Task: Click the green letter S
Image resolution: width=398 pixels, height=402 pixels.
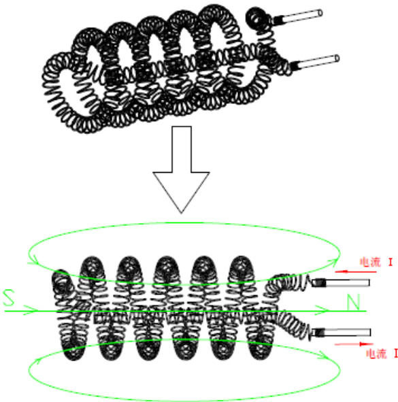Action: (x=9, y=298)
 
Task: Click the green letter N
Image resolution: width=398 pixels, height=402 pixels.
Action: (x=353, y=302)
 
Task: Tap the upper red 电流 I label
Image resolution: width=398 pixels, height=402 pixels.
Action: (x=376, y=263)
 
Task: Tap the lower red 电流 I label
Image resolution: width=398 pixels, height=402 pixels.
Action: (x=382, y=354)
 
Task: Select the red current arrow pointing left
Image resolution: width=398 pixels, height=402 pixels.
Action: (x=356, y=271)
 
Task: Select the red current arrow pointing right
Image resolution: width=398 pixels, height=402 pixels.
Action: (x=354, y=344)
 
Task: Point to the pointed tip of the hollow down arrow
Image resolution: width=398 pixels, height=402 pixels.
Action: (x=181, y=213)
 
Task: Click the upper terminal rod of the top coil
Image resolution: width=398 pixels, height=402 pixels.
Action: (x=297, y=17)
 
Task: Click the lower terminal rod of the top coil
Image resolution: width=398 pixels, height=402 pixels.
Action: (x=315, y=63)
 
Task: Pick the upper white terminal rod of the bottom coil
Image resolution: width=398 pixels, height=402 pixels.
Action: (x=341, y=283)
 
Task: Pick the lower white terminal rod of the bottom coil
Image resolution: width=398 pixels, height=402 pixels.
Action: (x=342, y=332)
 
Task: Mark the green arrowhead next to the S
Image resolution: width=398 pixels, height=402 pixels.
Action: (x=31, y=310)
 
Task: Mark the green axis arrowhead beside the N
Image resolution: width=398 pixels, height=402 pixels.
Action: (x=322, y=310)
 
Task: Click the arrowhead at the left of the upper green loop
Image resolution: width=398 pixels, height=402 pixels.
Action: (x=33, y=261)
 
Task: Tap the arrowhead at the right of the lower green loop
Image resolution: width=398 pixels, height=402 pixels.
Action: (x=323, y=354)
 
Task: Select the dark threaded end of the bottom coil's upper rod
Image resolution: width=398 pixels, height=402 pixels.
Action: (x=319, y=283)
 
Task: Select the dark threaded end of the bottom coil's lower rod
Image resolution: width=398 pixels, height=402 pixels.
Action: (x=319, y=333)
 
